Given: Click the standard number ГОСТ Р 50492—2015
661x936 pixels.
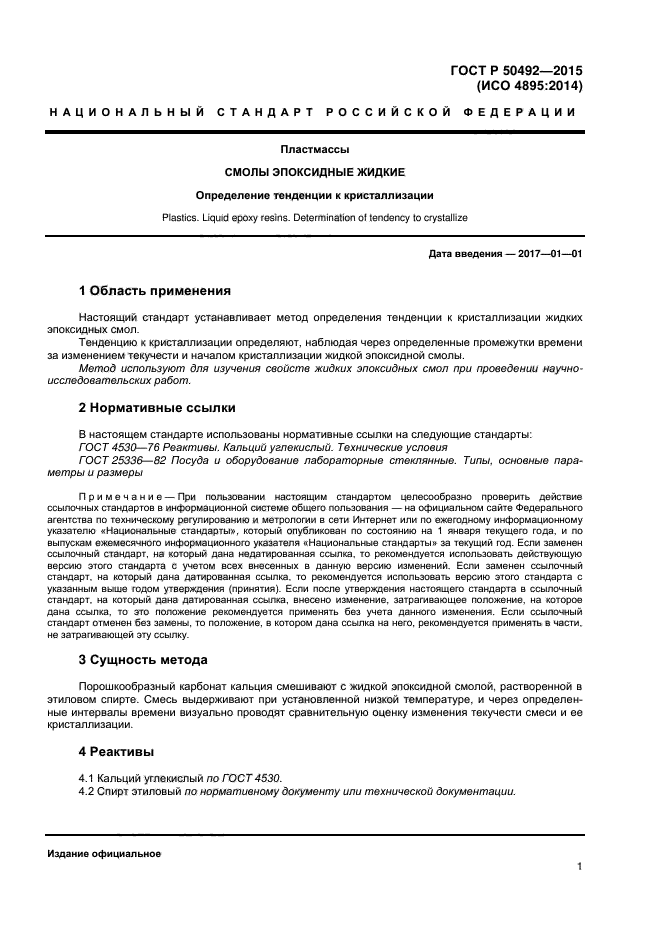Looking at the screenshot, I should tap(517, 70).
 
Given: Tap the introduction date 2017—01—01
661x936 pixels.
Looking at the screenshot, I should tap(548, 254).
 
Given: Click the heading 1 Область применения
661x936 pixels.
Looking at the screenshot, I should tap(154, 291).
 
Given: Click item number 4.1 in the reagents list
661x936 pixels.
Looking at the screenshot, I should tap(87, 778).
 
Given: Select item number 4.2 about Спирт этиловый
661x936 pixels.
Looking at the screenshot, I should tap(87, 791).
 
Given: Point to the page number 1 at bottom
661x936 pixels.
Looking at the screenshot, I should tap(579, 867).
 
